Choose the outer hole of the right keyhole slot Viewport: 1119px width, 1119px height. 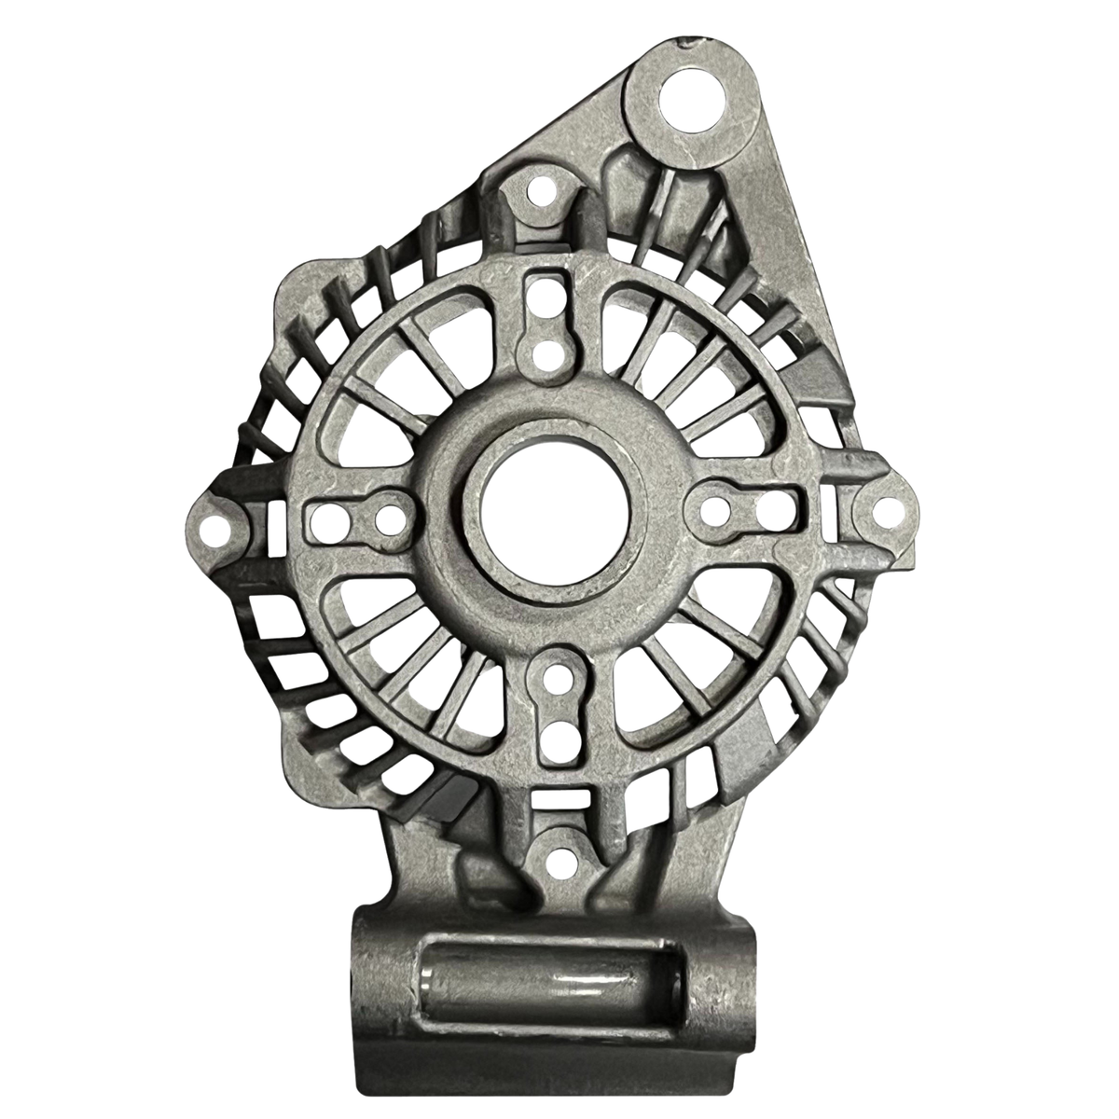click(x=771, y=510)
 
